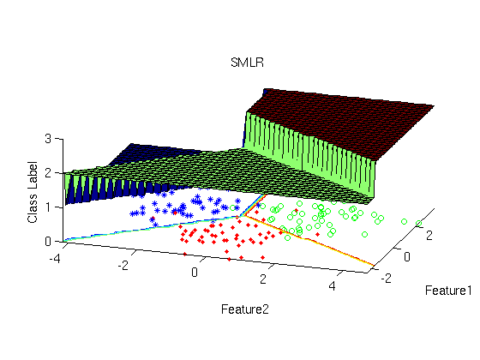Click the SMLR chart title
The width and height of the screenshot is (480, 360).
pyautogui.click(x=247, y=63)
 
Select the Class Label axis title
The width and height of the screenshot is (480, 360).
pyautogui.click(x=33, y=192)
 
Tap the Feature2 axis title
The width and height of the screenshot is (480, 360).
pyautogui.click(x=245, y=309)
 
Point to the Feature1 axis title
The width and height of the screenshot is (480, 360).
pyautogui.click(x=448, y=291)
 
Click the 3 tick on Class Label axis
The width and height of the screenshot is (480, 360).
pyautogui.click(x=48, y=139)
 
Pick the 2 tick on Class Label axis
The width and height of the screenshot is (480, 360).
pyautogui.click(x=48, y=173)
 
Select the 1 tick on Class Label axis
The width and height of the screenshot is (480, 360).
pyautogui.click(x=48, y=207)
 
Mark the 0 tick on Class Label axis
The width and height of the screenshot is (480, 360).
pyautogui.click(x=48, y=242)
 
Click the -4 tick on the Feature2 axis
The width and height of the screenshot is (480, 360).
pyautogui.click(x=55, y=259)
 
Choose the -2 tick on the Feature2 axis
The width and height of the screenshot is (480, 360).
pyautogui.click(x=123, y=265)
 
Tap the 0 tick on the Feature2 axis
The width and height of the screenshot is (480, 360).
pyautogui.click(x=195, y=272)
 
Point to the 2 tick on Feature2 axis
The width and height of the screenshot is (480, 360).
pyautogui.click(x=263, y=279)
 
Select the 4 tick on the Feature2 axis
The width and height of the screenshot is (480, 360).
pyautogui.click(x=333, y=285)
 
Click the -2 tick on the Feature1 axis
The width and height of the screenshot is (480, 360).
pyautogui.click(x=386, y=279)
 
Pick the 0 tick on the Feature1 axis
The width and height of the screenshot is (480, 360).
pyautogui.click(x=407, y=257)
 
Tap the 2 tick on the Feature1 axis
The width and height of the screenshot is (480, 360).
pyautogui.click(x=429, y=236)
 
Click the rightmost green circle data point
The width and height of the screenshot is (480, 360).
pyautogui.click(x=418, y=224)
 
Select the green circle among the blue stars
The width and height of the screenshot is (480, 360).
pyautogui.click(x=232, y=208)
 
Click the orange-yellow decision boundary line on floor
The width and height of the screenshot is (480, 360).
pyautogui.click(x=309, y=240)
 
